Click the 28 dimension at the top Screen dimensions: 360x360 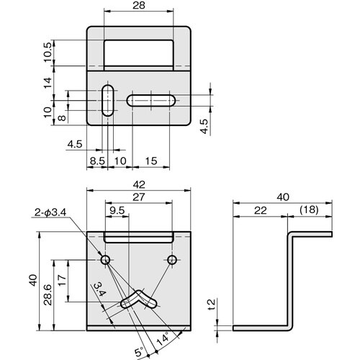(x=139, y=5)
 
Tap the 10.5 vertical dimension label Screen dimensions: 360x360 (x=48, y=52)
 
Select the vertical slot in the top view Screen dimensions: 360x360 (x=108, y=101)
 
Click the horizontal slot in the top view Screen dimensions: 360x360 (x=151, y=101)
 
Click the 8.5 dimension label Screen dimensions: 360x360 (x=97, y=161)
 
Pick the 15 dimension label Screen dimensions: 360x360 (x=151, y=161)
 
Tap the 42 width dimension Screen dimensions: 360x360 (x=139, y=184)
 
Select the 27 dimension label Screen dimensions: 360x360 (x=139, y=197)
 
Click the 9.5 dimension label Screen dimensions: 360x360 (x=117, y=210)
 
